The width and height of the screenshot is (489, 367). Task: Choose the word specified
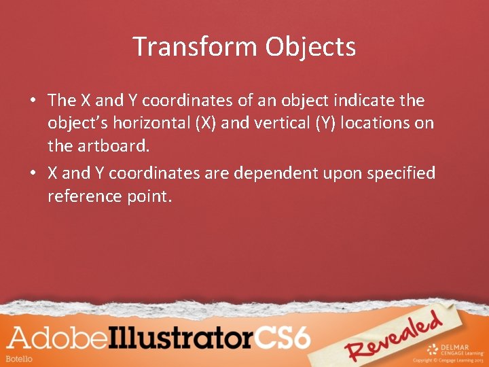(401, 173)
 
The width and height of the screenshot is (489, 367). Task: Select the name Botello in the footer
(18, 358)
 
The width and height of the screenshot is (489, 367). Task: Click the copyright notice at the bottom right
(446, 360)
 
